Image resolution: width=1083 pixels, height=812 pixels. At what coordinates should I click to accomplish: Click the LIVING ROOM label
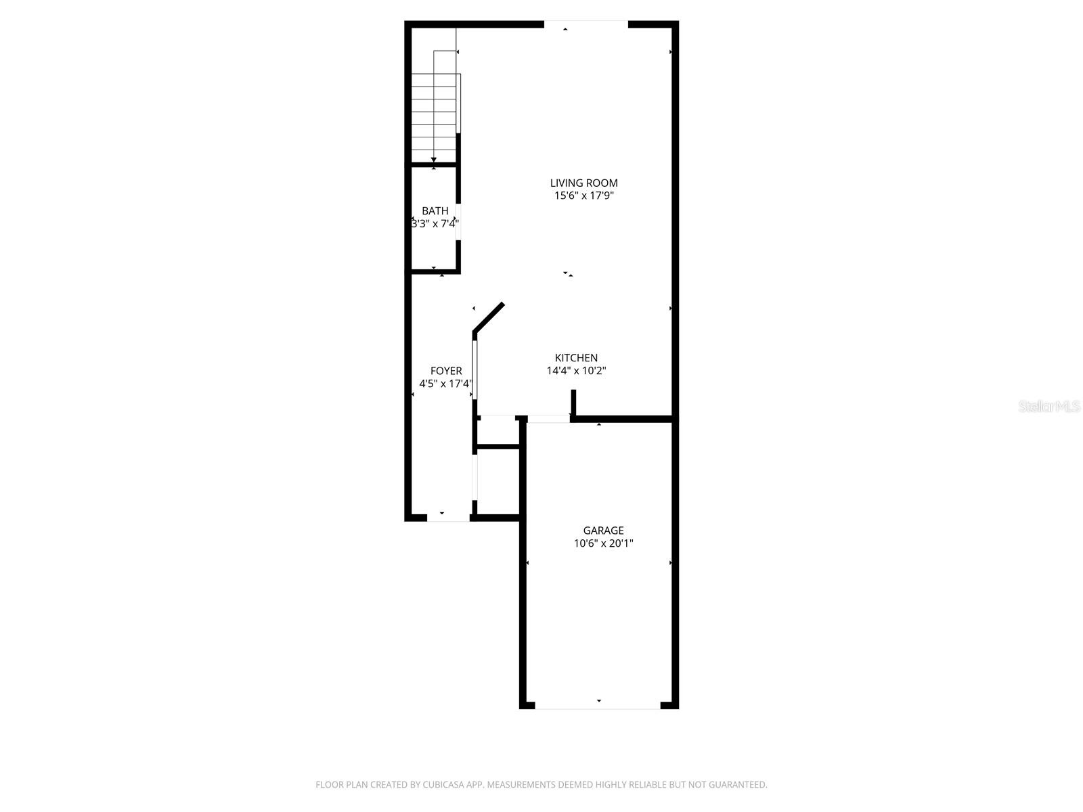583,183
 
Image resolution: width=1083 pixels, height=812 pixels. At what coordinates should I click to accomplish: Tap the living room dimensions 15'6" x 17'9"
583,196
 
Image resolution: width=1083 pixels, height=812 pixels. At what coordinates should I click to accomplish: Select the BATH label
435,211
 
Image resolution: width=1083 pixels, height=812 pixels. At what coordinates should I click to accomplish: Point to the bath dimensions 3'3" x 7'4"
435,223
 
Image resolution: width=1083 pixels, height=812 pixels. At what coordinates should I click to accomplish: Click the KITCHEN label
576,358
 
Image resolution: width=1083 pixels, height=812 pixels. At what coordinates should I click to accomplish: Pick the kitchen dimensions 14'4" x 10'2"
576,371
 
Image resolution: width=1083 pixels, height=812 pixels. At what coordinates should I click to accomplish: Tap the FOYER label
446,371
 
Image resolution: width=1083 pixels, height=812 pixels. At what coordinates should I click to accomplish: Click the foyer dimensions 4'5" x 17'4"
445,384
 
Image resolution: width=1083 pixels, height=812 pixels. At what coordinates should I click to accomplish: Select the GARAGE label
603,531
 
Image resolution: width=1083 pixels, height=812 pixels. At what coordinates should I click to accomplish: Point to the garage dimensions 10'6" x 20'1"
603,543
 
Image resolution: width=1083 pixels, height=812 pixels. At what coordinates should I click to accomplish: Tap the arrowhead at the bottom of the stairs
433,160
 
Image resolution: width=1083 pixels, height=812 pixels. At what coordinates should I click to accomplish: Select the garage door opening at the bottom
598,705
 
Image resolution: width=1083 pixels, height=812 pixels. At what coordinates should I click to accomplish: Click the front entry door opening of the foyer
448,518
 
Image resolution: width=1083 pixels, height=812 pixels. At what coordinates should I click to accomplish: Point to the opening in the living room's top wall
586,24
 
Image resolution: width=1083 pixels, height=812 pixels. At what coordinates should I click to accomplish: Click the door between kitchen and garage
548,419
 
